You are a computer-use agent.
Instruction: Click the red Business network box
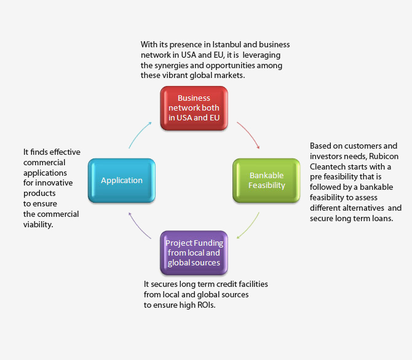[194, 108]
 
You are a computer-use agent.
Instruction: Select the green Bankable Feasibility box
[266, 181]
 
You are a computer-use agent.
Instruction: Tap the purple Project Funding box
[194, 252]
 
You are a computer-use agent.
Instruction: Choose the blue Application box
[122, 181]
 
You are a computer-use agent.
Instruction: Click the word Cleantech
[330, 166]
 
